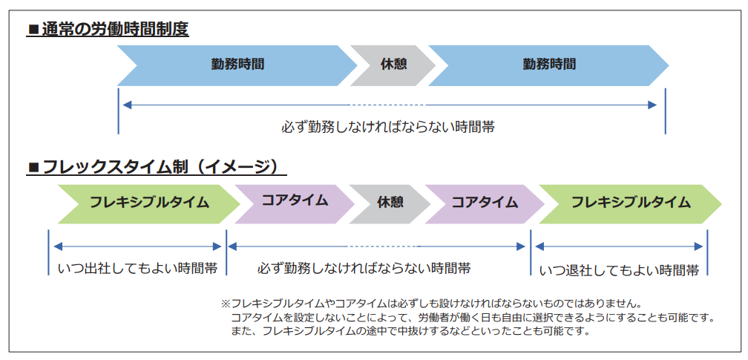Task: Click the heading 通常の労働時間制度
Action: coord(114,30)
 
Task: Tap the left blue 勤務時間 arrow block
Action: coord(237,65)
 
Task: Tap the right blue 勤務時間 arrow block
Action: coord(548,65)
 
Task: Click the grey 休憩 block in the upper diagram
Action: coord(393,65)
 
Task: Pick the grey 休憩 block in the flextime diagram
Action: coord(390,202)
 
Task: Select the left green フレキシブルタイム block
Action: coord(149,202)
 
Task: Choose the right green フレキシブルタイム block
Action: coord(630,202)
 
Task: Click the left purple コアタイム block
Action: coord(295,201)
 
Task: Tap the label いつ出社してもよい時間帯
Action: coord(137,268)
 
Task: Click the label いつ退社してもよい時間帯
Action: coord(619,270)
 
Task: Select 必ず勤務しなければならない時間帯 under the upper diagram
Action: coord(387,127)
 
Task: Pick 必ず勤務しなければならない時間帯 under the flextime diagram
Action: coord(364,267)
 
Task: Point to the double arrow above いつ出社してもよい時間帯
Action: coord(137,246)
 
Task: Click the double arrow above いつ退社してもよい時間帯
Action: coord(619,246)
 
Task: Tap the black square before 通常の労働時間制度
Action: coord(33,30)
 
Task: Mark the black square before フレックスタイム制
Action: coord(33,167)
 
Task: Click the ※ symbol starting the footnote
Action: coord(226,304)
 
